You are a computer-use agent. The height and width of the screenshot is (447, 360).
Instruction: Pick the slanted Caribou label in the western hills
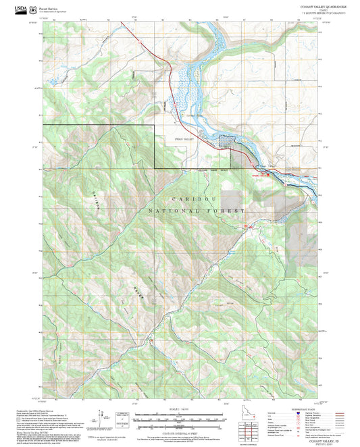click(x=93, y=202)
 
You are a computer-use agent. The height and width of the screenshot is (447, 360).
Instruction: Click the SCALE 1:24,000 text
click(x=179, y=409)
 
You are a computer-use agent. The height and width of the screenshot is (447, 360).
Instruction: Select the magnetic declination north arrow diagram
click(x=103, y=417)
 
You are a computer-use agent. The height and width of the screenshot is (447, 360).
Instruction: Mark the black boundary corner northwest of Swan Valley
click(x=155, y=126)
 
